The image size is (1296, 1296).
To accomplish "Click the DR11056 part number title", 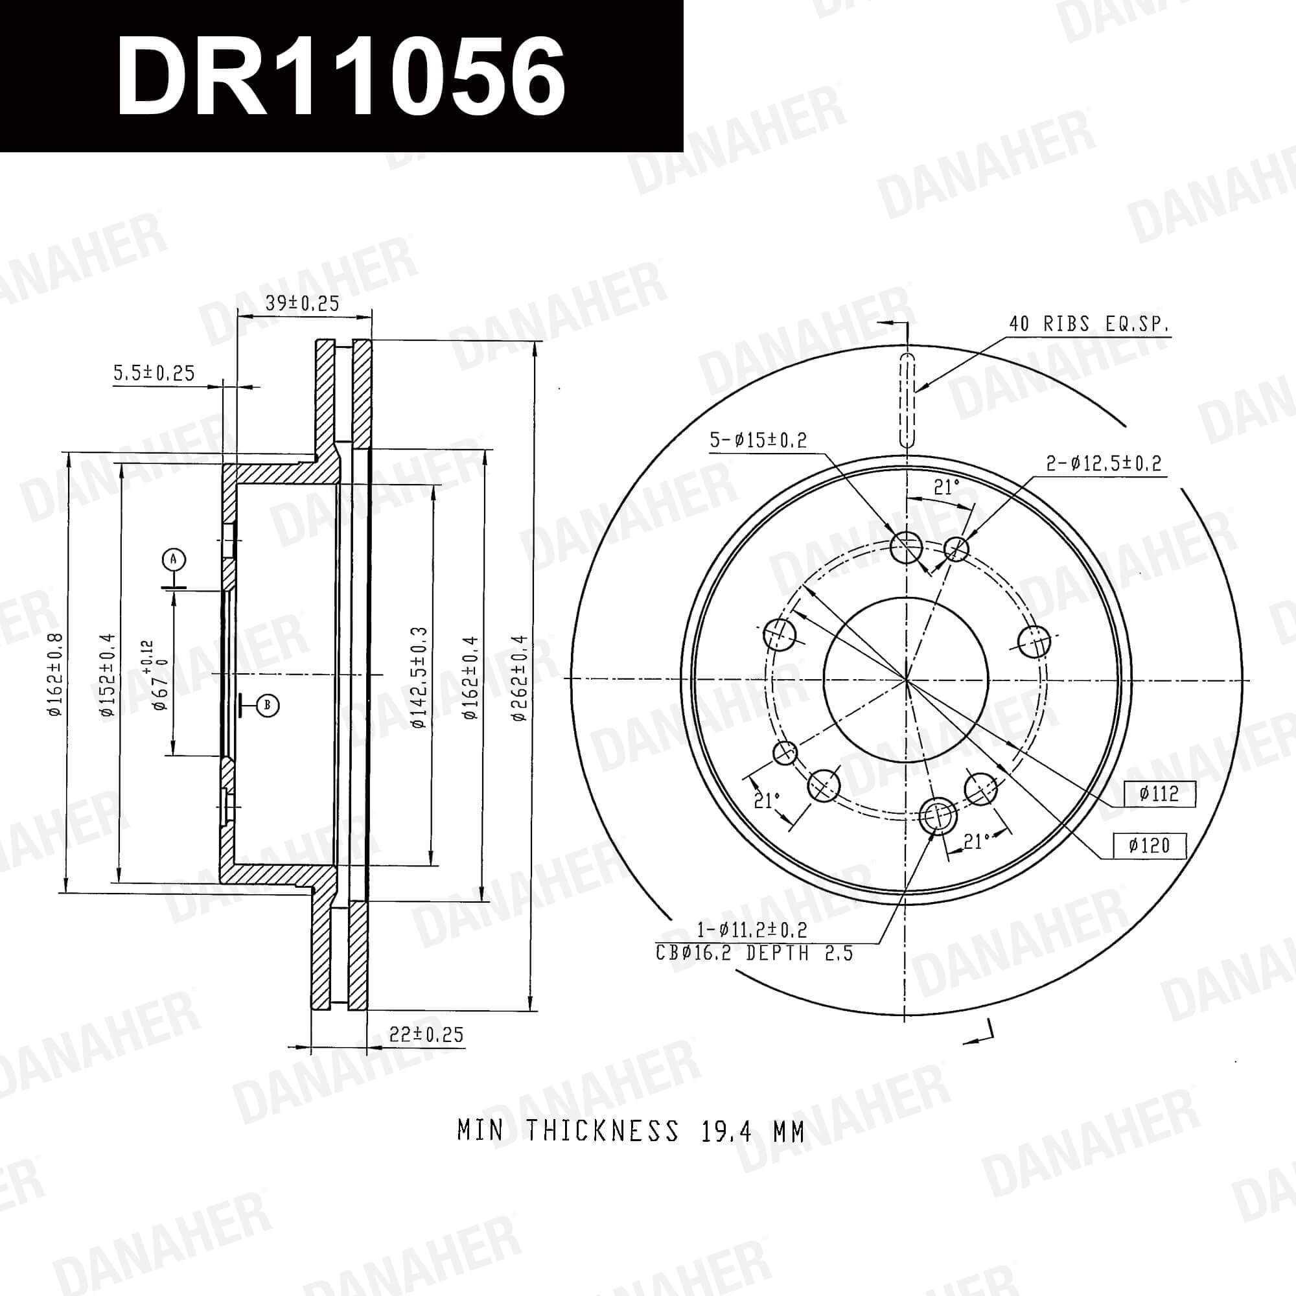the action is click(341, 75).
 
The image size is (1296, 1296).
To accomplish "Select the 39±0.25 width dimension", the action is click(303, 303).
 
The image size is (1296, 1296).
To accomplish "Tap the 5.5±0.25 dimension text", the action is click(154, 373).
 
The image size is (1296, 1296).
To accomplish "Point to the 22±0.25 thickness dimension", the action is click(426, 1034).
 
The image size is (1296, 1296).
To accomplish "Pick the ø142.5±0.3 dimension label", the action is click(419, 678).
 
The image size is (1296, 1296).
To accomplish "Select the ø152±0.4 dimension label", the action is click(108, 675).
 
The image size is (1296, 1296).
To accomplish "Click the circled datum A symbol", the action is click(174, 559).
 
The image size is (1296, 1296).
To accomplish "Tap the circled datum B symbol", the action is click(268, 705).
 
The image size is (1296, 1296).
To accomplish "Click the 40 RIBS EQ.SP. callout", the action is click(1089, 325).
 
